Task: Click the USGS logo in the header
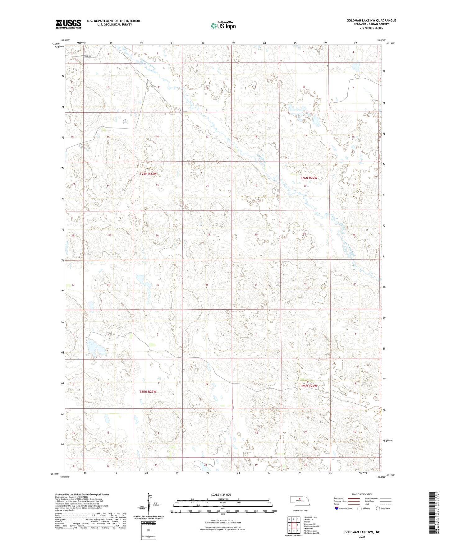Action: [68, 24]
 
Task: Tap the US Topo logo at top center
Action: [223, 26]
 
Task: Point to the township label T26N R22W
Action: [309, 178]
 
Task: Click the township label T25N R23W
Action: [148, 392]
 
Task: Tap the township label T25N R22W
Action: [309, 386]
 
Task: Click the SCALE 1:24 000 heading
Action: [221, 495]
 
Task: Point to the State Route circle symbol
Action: [378, 508]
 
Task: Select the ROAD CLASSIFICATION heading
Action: [362, 494]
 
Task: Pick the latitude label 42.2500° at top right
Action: [391, 44]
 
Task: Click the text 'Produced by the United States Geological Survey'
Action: [82, 494]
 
